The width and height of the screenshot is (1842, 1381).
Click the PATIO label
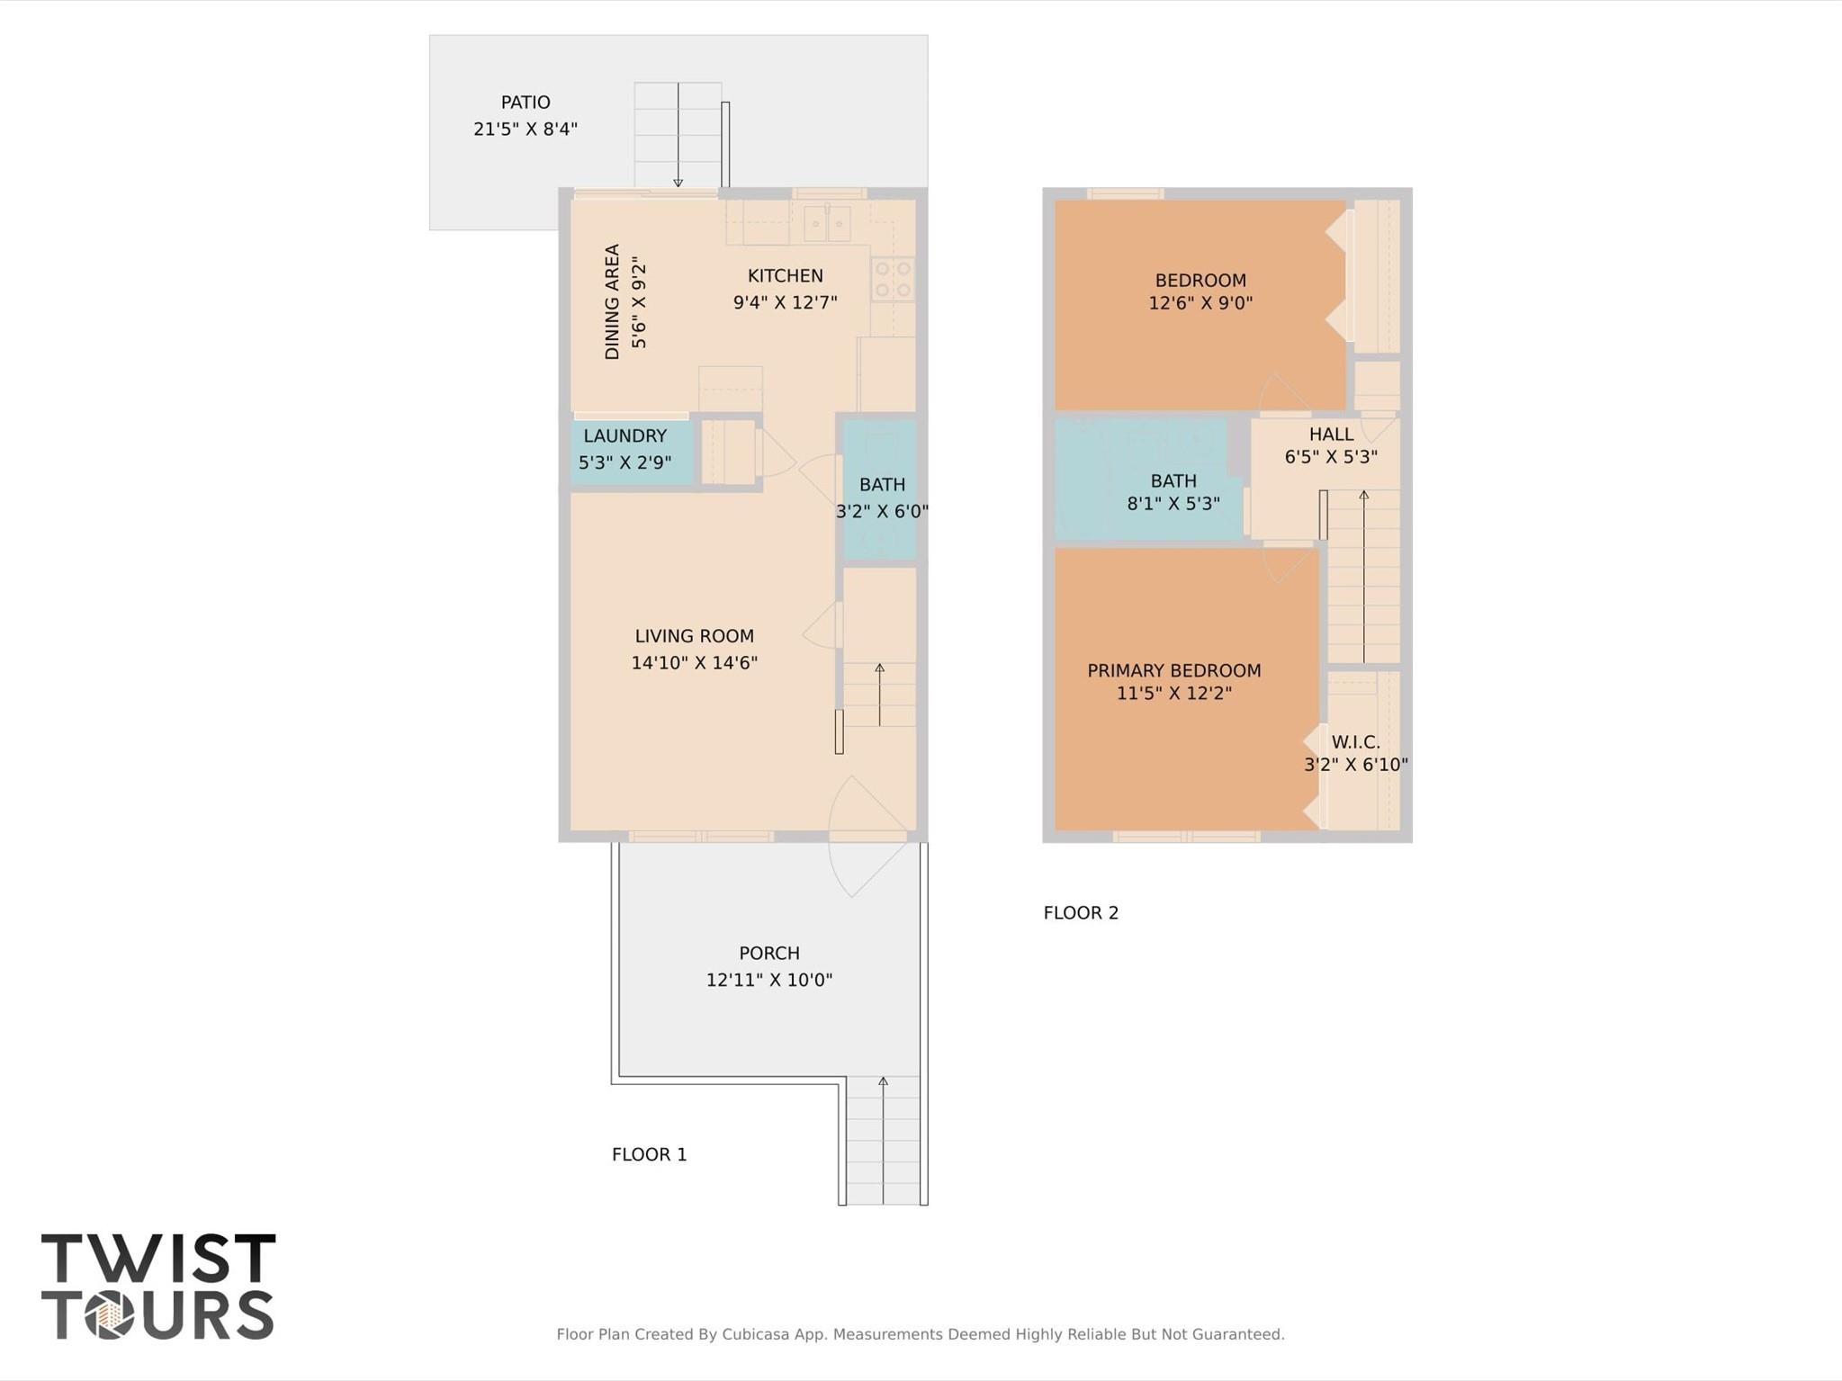point(526,103)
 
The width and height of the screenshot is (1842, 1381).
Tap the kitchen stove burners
point(892,279)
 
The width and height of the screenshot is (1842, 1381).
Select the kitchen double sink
point(826,223)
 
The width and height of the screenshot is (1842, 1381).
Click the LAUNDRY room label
point(624,436)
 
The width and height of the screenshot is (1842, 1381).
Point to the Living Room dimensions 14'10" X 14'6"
point(694,663)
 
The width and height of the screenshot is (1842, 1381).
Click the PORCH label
point(768,953)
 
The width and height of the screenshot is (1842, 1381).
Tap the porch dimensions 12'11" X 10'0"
point(768,980)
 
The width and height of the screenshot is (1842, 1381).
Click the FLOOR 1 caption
point(649,1154)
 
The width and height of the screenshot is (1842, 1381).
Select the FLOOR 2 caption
point(1080,913)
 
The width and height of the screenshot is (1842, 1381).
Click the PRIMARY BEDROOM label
point(1173,670)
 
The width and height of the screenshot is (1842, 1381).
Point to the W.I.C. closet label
point(1355,742)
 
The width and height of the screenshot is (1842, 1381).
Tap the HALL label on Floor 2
point(1331,435)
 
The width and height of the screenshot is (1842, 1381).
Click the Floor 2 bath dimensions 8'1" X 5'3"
point(1173,504)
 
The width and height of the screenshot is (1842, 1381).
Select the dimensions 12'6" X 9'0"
point(1200,303)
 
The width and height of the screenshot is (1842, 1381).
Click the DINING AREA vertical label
point(613,301)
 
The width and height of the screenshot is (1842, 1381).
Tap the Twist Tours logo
point(157,1286)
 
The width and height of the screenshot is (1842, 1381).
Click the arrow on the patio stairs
point(678,135)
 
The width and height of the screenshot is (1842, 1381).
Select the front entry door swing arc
point(864,837)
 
